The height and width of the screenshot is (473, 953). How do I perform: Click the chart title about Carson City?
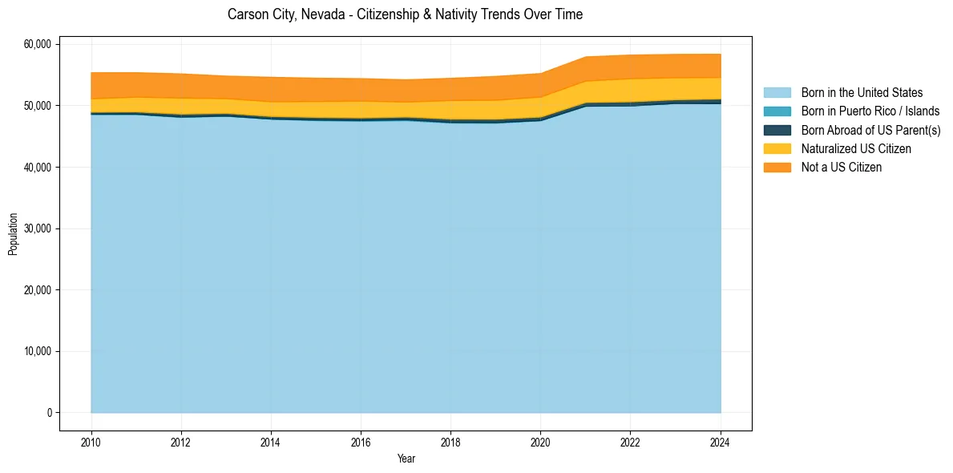coord(405,14)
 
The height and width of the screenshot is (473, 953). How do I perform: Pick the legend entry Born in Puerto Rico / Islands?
coord(870,111)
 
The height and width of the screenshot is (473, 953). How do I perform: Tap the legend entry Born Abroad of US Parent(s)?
coord(870,130)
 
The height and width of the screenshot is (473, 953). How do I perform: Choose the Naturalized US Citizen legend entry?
coord(856,149)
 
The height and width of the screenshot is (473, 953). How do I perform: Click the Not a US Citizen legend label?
coord(842,168)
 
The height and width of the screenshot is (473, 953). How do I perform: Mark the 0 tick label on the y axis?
coord(49,413)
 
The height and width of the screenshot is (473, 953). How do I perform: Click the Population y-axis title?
coord(13,234)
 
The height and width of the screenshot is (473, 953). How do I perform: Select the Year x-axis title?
coord(406,459)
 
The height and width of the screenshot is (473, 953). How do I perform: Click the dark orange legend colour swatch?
coord(777,168)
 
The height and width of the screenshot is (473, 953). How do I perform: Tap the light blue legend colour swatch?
coord(777,93)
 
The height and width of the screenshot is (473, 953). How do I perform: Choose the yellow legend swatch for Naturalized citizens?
coord(777,149)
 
